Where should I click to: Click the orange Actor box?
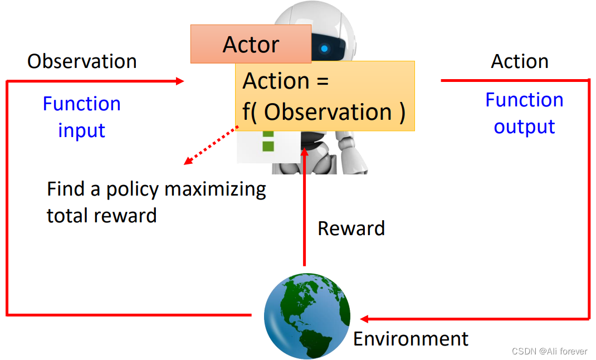[251, 44]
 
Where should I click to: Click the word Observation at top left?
[82, 61]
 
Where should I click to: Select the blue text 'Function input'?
[82, 116]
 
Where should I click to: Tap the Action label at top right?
[519, 61]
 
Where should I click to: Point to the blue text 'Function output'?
[524, 113]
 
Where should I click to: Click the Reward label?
[351, 228]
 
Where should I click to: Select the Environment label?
[411, 339]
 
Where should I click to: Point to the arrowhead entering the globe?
[364, 319]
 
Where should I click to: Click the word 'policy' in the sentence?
[133, 189]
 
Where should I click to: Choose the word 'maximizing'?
[215, 189]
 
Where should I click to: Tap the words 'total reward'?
[101, 216]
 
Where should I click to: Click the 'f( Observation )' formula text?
[324, 112]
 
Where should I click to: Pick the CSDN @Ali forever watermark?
[549, 351]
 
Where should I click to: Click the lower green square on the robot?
[268, 146]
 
